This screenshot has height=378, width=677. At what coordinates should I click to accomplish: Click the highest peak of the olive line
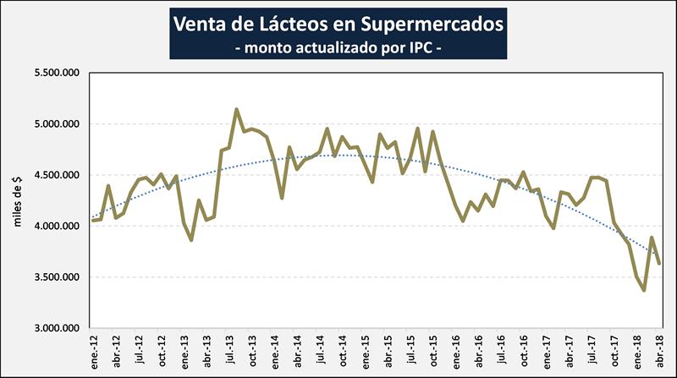pos(237,109)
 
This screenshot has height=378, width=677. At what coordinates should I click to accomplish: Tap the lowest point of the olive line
pos(644,290)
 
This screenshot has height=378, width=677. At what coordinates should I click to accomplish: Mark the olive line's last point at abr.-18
pos(659,264)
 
